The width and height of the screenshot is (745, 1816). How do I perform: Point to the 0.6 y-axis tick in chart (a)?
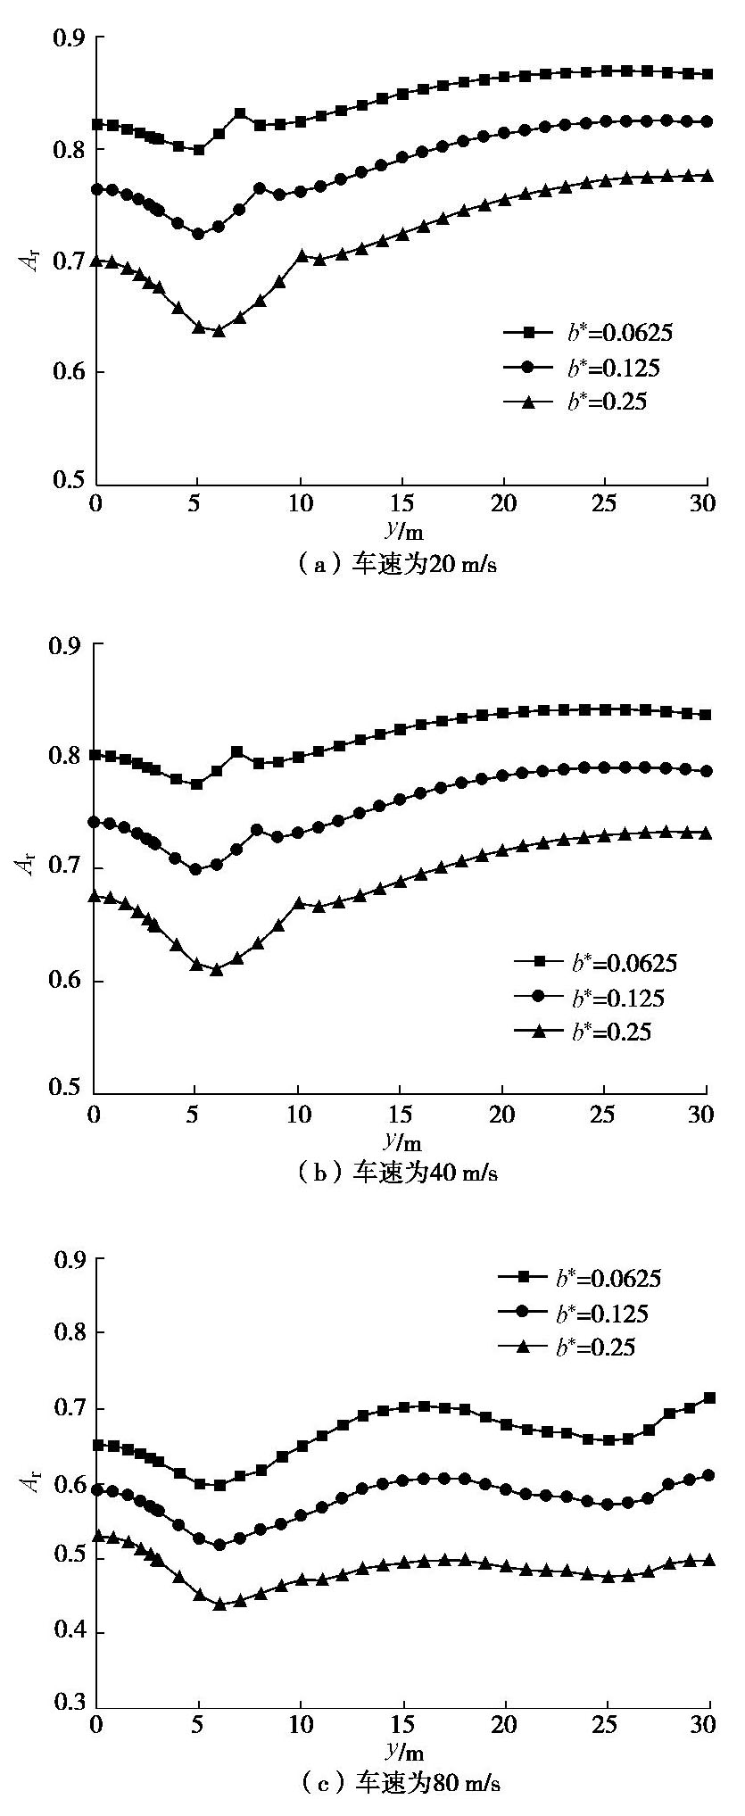point(68,372)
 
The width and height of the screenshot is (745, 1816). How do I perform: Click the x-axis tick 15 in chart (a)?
point(403,502)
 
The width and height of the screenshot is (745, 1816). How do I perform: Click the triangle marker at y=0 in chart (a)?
point(96,261)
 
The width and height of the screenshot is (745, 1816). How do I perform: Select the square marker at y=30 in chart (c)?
point(709,1398)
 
